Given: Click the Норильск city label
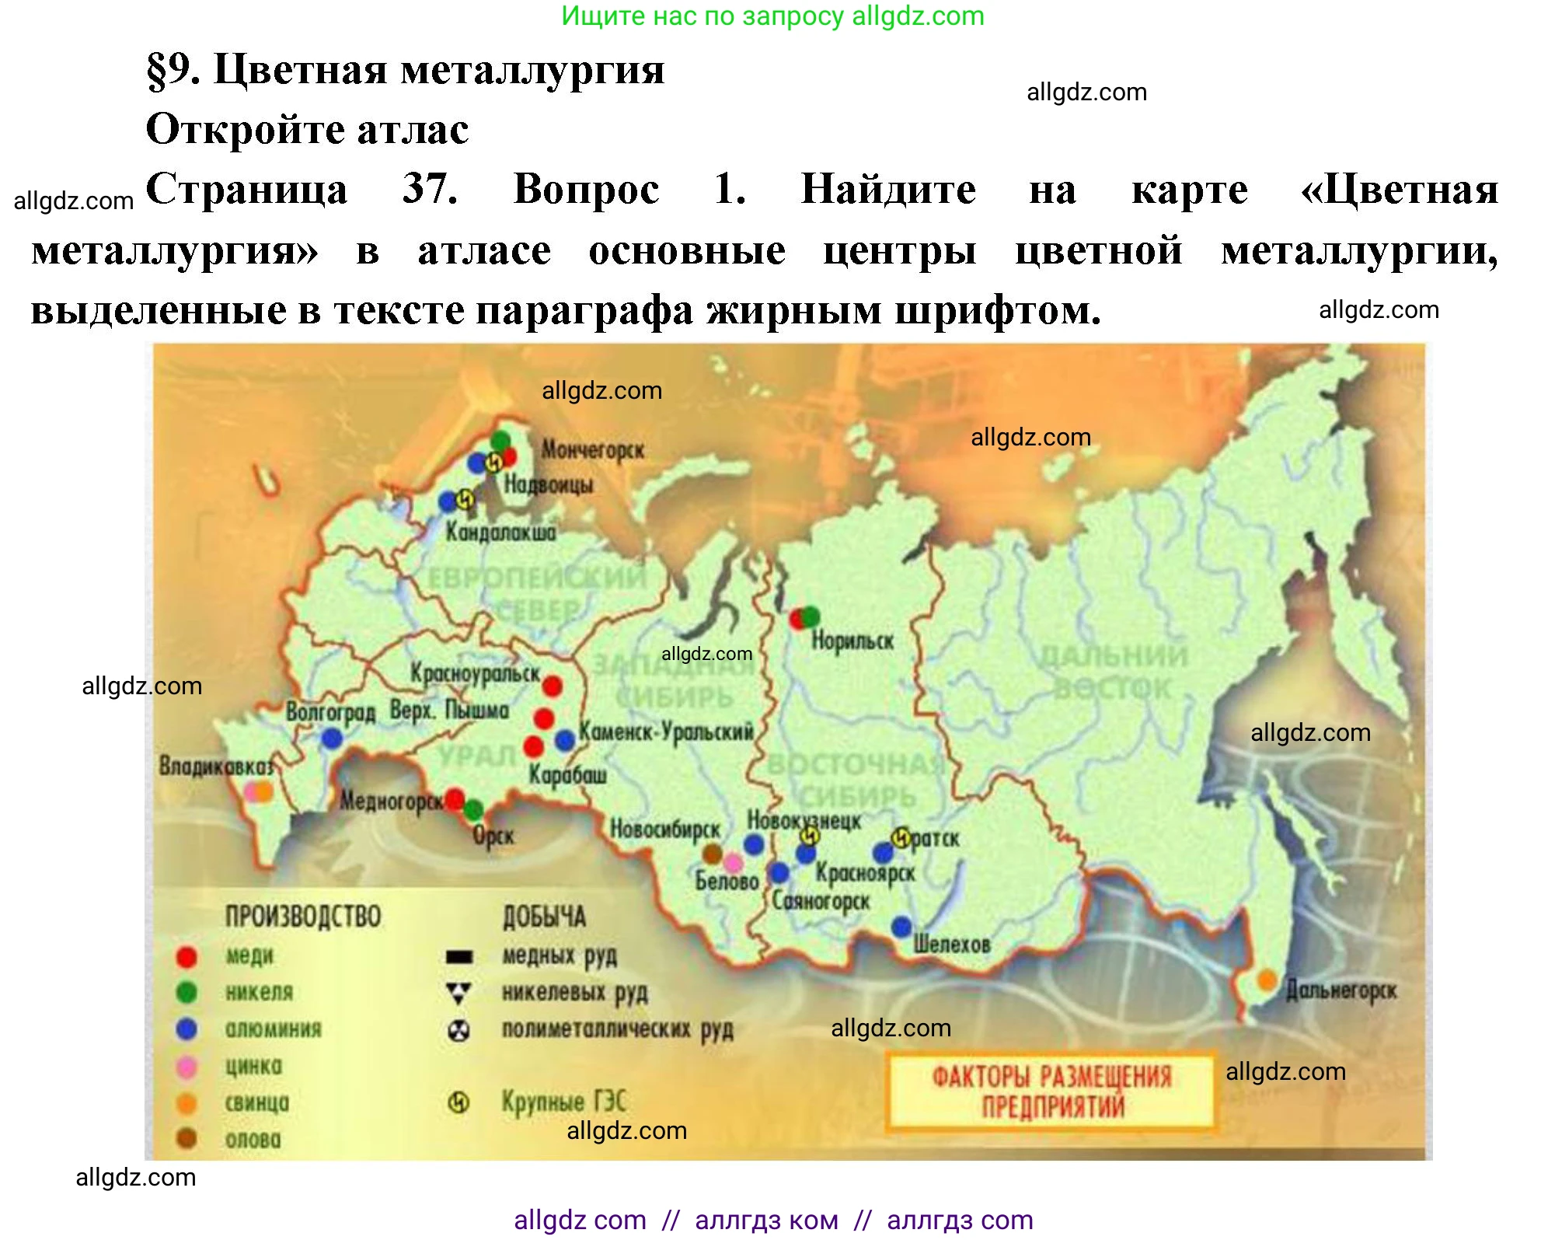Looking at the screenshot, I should point(852,641).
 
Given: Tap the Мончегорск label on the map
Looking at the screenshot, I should point(592,450).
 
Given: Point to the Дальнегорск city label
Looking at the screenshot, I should point(1341,990).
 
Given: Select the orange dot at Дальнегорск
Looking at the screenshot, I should point(1267,980).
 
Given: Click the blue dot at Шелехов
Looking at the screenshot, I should point(901,927).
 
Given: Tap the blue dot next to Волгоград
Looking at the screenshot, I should point(332,738).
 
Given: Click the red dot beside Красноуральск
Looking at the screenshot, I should point(552,686).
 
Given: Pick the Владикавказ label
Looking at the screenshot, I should point(216,767).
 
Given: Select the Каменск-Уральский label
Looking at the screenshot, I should point(666,732).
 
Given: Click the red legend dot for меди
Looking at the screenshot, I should point(187,956).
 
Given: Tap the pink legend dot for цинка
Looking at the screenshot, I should point(187,1067).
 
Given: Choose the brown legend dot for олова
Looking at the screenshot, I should point(187,1139).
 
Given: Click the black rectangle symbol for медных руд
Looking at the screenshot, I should point(459,956).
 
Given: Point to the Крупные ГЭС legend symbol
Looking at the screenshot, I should point(459,1102).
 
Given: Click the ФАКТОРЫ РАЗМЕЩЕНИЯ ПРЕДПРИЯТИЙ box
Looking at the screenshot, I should point(1051,1091).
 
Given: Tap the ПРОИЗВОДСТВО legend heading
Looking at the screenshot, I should point(303,917).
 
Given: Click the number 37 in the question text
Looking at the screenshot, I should point(429,189).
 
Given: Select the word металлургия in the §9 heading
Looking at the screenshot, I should point(532,70).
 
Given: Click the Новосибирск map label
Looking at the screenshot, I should point(665,830).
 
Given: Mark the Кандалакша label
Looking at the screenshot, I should point(500,533).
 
